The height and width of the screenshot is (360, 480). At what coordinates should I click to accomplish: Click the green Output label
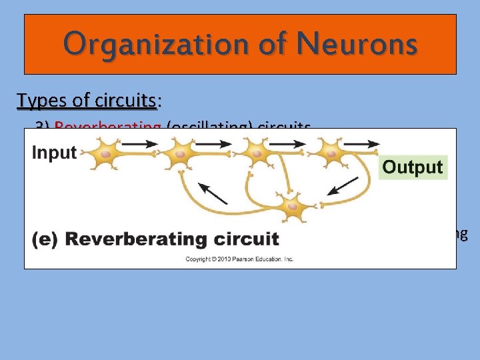(413, 167)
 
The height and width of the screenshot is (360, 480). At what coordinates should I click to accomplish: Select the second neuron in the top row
(180, 154)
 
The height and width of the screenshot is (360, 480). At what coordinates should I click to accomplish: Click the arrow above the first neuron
(140, 142)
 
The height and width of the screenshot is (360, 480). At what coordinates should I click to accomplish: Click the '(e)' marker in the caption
(46, 238)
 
